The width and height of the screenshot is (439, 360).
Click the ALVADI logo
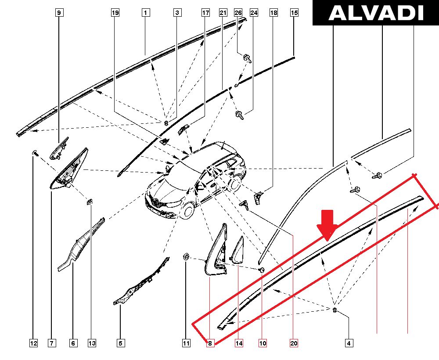click(376, 13)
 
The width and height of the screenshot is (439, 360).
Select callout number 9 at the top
click(59, 13)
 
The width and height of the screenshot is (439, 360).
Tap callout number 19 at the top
click(115, 13)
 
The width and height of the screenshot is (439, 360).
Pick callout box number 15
click(294, 13)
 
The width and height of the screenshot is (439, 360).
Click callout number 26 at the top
click(238, 13)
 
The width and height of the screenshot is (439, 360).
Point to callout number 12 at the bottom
click(33, 343)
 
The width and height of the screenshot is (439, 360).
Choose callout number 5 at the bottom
click(120, 343)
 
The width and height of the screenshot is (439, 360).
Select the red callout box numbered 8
click(210, 343)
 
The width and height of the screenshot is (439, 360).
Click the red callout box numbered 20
click(294, 343)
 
